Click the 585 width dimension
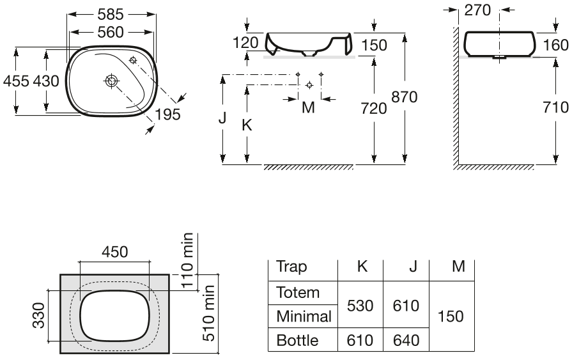click(x=111, y=14)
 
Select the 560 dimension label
click(x=111, y=32)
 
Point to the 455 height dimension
click(x=16, y=81)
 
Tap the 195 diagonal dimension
click(x=168, y=114)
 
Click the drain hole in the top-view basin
click(x=111, y=81)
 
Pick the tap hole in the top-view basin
click(x=133, y=60)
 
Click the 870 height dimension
click(x=404, y=97)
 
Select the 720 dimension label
click(x=374, y=109)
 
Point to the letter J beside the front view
click(x=222, y=118)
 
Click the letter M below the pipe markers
click(x=308, y=107)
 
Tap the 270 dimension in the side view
click(x=477, y=10)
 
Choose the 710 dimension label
click(x=556, y=107)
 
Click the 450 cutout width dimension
click(x=115, y=252)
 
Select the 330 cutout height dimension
click(x=39, y=315)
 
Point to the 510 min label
click(x=208, y=313)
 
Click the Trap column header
click(x=291, y=267)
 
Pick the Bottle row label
click(x=298, y=340)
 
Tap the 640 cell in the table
click(x=406, y=340)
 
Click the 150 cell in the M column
click(x=451, y=316)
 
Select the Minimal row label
click(x=304, y=316)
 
